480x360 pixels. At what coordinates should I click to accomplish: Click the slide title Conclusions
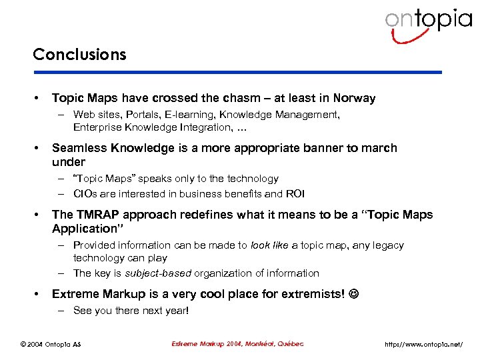[x=79, y=55]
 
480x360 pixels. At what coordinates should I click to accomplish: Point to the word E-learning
[x=188, y=115]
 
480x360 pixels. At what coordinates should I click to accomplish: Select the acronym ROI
[x=295, y=194]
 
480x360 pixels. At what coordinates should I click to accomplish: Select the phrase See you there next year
[x=131, y=311]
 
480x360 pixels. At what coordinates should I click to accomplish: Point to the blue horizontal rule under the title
[x=237, y=72]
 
